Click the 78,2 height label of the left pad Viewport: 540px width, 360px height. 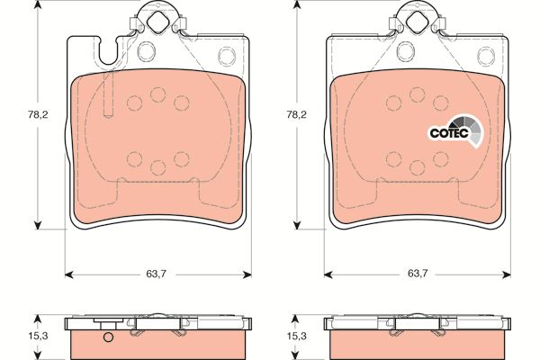coord(38,115)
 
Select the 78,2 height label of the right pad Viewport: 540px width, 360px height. coord(297,115)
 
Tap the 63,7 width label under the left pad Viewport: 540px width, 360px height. coord(157,274)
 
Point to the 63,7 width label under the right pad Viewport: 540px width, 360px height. coord(418,274)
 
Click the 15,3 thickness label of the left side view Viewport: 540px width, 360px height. coord(38,336)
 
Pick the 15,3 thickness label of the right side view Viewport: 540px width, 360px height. coord(297,336)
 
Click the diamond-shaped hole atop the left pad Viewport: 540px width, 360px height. coord(158,22)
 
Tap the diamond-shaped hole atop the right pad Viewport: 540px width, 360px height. coord(417,22)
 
